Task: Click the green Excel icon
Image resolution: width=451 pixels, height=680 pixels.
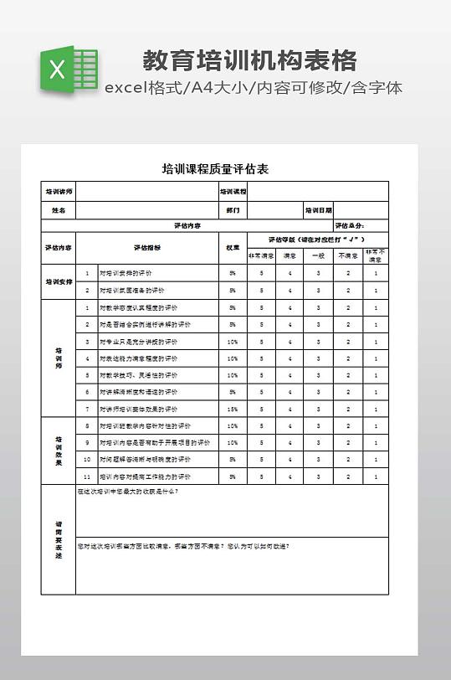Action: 68,70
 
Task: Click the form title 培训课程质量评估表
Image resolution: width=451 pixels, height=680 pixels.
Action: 215,169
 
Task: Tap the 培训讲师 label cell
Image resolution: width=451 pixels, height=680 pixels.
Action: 59,192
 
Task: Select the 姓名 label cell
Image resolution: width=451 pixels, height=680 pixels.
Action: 59,210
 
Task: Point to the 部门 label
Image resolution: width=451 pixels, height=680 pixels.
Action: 233,210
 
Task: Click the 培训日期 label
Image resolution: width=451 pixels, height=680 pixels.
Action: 318,210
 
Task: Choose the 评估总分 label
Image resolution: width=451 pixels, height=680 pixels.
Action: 349,225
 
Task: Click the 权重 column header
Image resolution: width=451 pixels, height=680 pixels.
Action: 233,248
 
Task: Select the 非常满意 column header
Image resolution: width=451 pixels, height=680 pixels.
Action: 261,255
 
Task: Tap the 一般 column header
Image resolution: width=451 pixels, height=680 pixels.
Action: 318,255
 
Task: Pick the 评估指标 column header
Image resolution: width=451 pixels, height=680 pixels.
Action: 147,248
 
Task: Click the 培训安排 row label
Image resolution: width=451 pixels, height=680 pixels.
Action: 59,282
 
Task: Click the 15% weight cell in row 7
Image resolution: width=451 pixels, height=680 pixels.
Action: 233,409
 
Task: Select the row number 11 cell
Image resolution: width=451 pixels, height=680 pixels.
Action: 87,477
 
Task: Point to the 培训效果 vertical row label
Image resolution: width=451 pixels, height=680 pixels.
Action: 59,451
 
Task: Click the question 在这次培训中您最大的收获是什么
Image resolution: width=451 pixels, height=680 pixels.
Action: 128,492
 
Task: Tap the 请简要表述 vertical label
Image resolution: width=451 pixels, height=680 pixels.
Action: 59,539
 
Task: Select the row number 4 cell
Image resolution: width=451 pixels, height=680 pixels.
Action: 87,358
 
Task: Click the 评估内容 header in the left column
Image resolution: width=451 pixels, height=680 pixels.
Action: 59,248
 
